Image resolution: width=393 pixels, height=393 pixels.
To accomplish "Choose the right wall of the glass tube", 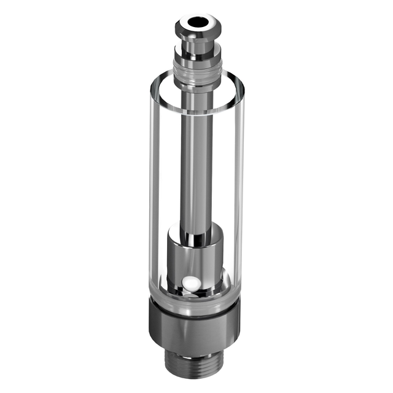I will (239, 196).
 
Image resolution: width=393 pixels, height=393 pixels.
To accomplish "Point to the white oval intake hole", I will (190, 284).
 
